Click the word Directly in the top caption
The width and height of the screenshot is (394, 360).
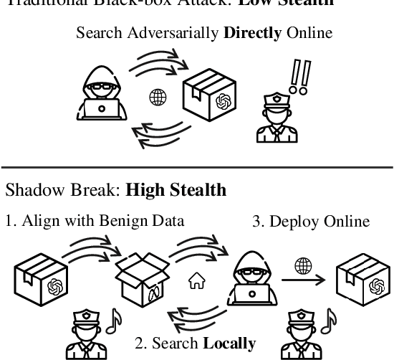[251, 33]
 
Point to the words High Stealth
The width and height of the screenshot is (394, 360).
[176, 190]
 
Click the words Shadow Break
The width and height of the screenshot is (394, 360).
[63, 190]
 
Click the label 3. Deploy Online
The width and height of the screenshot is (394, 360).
[310, 221]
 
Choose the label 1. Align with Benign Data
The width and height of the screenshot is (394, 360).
[95, 221]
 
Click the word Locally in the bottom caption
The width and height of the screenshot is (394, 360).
[229, 343]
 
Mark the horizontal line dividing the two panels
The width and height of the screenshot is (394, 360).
[197, 167]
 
